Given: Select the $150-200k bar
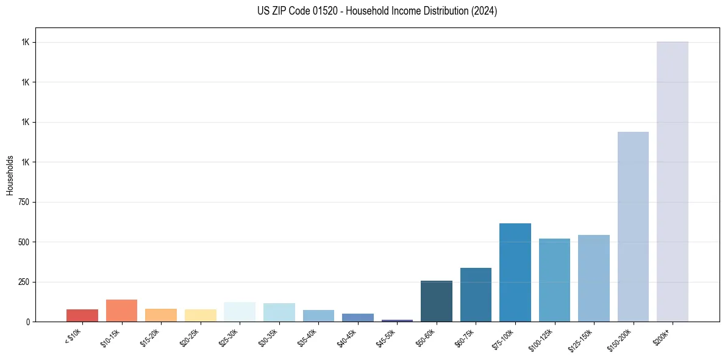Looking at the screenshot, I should tap(633, 226).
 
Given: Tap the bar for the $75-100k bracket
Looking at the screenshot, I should tap(515, 272).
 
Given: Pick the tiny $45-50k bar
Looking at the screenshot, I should tap(398, 320).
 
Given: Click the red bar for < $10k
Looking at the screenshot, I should tap(82, 315).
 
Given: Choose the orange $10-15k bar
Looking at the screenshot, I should tap(121, 311).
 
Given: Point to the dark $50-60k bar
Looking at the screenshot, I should tap(437, 301).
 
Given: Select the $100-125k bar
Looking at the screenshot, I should tap(554, 280).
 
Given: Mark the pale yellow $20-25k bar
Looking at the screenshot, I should tap(201, 315).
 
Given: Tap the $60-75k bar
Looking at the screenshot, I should tap(476, 295).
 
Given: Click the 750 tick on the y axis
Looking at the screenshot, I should tap(24, 202).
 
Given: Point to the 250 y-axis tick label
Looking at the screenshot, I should tap(24, 282).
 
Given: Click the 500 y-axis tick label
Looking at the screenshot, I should tap(24, 242).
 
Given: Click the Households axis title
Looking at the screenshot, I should tap(10, 175).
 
